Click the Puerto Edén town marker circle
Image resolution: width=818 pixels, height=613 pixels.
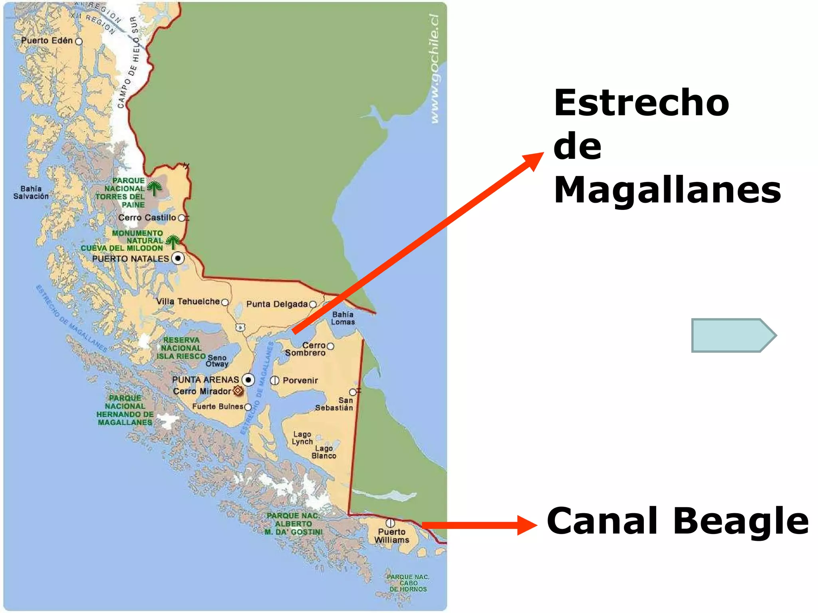click(x=79, y=42)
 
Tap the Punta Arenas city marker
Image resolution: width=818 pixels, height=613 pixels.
click(x=248, y=380)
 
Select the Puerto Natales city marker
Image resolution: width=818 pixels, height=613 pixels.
click(x=178, y=258)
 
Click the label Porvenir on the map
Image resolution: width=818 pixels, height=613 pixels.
click(x=300, y=380)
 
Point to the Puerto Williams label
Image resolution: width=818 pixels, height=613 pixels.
click(x=391, y=536)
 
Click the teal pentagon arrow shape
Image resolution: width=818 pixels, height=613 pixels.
click(x=733, y=335)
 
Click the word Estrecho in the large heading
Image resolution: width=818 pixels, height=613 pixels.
click(x=641, y=103)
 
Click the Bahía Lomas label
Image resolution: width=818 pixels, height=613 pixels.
click(x=343, y=318)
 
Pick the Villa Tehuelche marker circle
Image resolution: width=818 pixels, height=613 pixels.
click(x=225, y=302)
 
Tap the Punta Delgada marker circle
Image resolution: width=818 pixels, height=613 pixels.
click(x=313, y=305)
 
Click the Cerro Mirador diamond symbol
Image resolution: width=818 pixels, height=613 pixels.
click(x=238, y=390)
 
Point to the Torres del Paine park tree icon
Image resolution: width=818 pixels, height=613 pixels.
click(x=154, y=188)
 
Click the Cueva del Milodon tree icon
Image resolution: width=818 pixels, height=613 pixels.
click(x=173, y=241)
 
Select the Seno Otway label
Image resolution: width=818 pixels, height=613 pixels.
click(x=217, y=361)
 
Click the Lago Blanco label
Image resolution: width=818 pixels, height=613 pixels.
click(x=324, y=452)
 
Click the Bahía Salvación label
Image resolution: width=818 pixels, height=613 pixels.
click(x=31, y=192)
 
